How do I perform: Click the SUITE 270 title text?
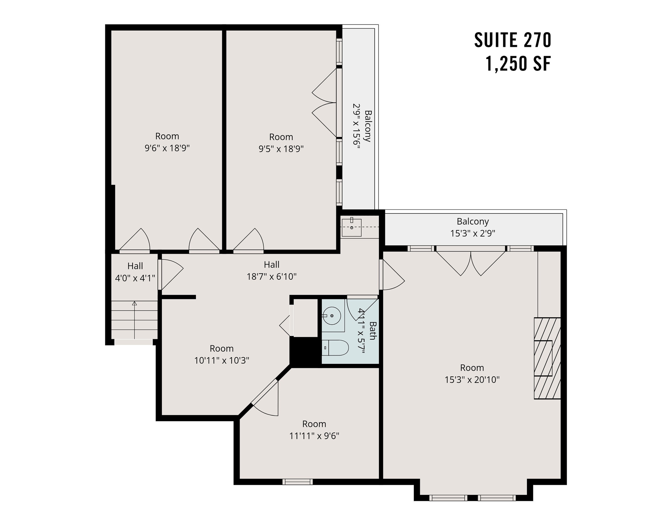[x=513, y=40]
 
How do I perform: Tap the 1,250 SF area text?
[x=518, y=64]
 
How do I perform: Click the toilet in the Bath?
[x=335, y=348]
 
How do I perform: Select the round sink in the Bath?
[x=332, y=315]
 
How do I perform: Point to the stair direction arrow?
[x=134, y=320]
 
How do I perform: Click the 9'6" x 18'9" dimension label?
[x=167, y=148]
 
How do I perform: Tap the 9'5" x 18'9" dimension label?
[x=281, y=149]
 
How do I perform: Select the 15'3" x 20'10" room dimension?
[x=472, y=380]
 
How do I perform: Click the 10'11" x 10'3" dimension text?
[x=221, y=360]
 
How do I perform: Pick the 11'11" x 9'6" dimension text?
[x=314, y=436]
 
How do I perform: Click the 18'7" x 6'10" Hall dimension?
[x=271, y=276]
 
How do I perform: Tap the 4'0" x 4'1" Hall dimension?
[x=135, y=278]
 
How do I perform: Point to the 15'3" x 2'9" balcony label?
[x=472, y=233]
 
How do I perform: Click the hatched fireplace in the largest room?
[x=547, y=358]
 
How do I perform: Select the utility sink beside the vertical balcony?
[x=351, y=227]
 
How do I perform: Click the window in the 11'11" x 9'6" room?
[x=297, y=482]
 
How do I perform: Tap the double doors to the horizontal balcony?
[x=471, y=262]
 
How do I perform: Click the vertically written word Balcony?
[x=368, y=126]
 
